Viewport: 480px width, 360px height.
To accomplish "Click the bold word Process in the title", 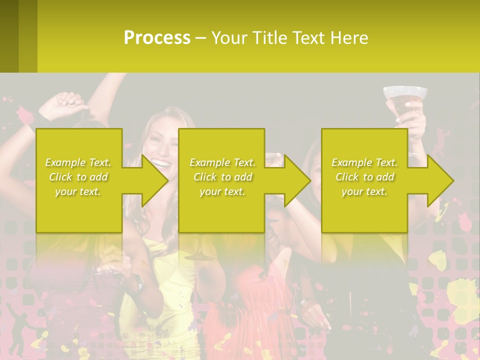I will (157, 38).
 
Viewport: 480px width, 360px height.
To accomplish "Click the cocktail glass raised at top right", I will (405, 97).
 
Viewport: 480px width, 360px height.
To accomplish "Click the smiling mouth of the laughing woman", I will (159, 162).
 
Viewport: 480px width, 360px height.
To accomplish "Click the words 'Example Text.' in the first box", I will (78, 162).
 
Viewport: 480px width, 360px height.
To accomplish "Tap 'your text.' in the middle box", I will (222, 191).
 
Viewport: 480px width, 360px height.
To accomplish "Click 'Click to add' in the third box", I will (364, 177).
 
